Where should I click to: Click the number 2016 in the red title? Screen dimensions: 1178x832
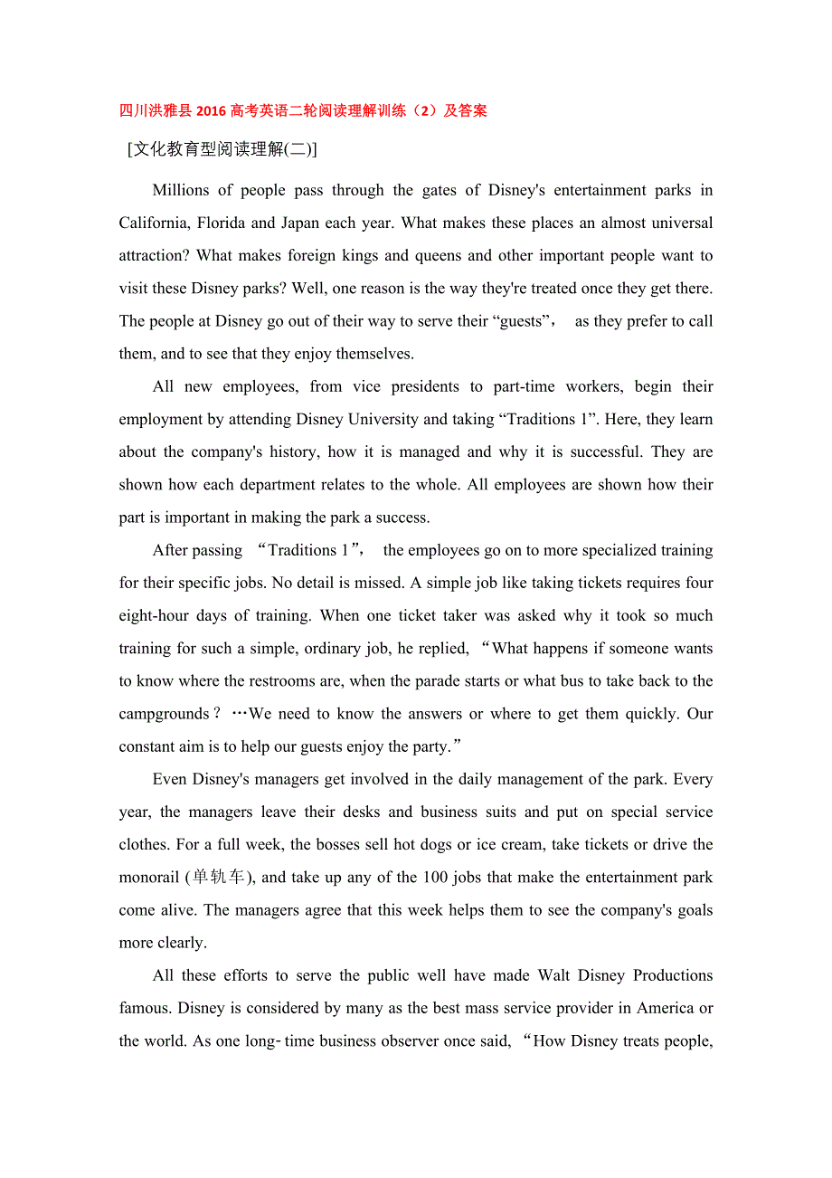pos(211,111)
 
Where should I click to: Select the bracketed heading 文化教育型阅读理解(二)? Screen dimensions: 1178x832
pos(222,150)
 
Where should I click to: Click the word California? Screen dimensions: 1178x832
pos(153,223)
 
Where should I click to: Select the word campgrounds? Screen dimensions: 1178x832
pos(164,714)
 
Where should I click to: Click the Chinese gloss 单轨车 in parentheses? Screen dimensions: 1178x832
pos(219,877)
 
